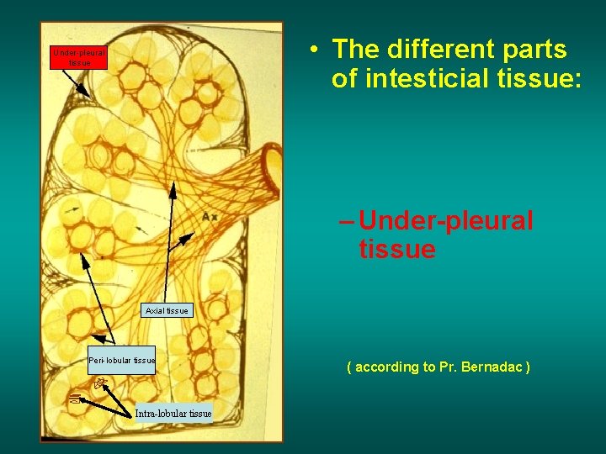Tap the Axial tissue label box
click(x=167, y=311)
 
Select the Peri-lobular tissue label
click(x=122, y=361)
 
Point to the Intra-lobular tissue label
click(x=173, y=413)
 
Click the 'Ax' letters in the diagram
click(x=210, y=218)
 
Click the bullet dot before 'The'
click(x=312, y=50)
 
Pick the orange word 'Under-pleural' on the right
click(x=445, y=220)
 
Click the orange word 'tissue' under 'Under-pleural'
click(x=396, y=250)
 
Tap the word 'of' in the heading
click(x=343, y=79)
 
